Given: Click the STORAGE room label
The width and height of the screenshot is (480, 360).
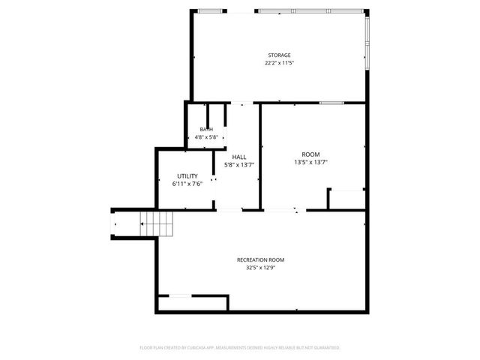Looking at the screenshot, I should click(x=279, y=55).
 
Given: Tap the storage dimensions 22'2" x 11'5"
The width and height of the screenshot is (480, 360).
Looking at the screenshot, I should click(x=279, y=63).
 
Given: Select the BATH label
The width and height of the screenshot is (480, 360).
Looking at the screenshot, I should click(x=206, y=130).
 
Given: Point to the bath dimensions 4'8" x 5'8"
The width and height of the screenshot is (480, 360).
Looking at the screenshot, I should click(x=206, y=137).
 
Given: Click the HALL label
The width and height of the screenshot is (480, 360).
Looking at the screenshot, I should click(x=238, y=157).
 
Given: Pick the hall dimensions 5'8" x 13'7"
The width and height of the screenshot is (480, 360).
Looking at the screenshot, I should click(x=238, y=165).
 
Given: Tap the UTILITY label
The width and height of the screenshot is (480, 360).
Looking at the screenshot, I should click(x=187, y=175).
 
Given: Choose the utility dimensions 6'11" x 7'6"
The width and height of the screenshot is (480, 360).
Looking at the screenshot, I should click(x=187, y=183).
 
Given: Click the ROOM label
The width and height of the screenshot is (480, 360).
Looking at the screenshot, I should click(x=310, y=154).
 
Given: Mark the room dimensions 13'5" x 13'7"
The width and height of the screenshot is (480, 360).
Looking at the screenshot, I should click(x=310, y=162).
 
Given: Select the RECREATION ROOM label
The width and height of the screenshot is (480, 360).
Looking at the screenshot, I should click(x=260, y=259).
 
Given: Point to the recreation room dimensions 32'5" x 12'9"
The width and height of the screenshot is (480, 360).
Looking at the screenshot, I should click(x=260, y=268).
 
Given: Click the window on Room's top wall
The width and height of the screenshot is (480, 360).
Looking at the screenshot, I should click(x=331, y=102).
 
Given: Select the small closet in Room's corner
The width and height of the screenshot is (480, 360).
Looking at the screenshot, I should click(x=346, y=199).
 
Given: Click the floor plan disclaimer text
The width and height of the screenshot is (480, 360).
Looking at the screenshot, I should click(x=240, y=347).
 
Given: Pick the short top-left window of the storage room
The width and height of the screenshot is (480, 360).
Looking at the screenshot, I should click(x=211, y=10).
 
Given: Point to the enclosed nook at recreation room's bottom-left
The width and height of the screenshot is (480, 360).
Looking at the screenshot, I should click(x=192, y=303).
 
